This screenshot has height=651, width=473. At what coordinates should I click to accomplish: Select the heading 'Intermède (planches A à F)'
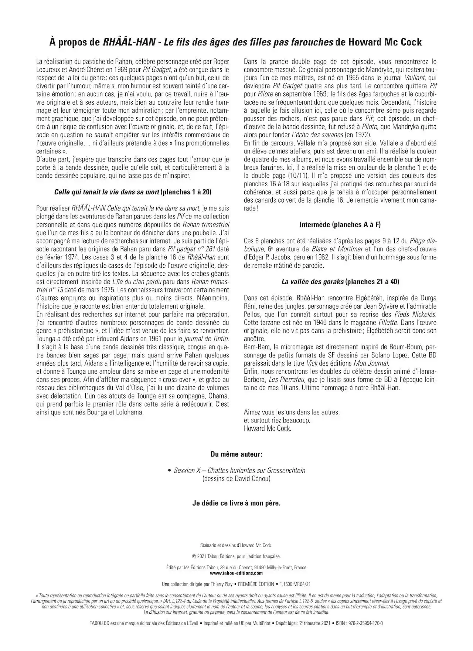coord(340,224)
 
